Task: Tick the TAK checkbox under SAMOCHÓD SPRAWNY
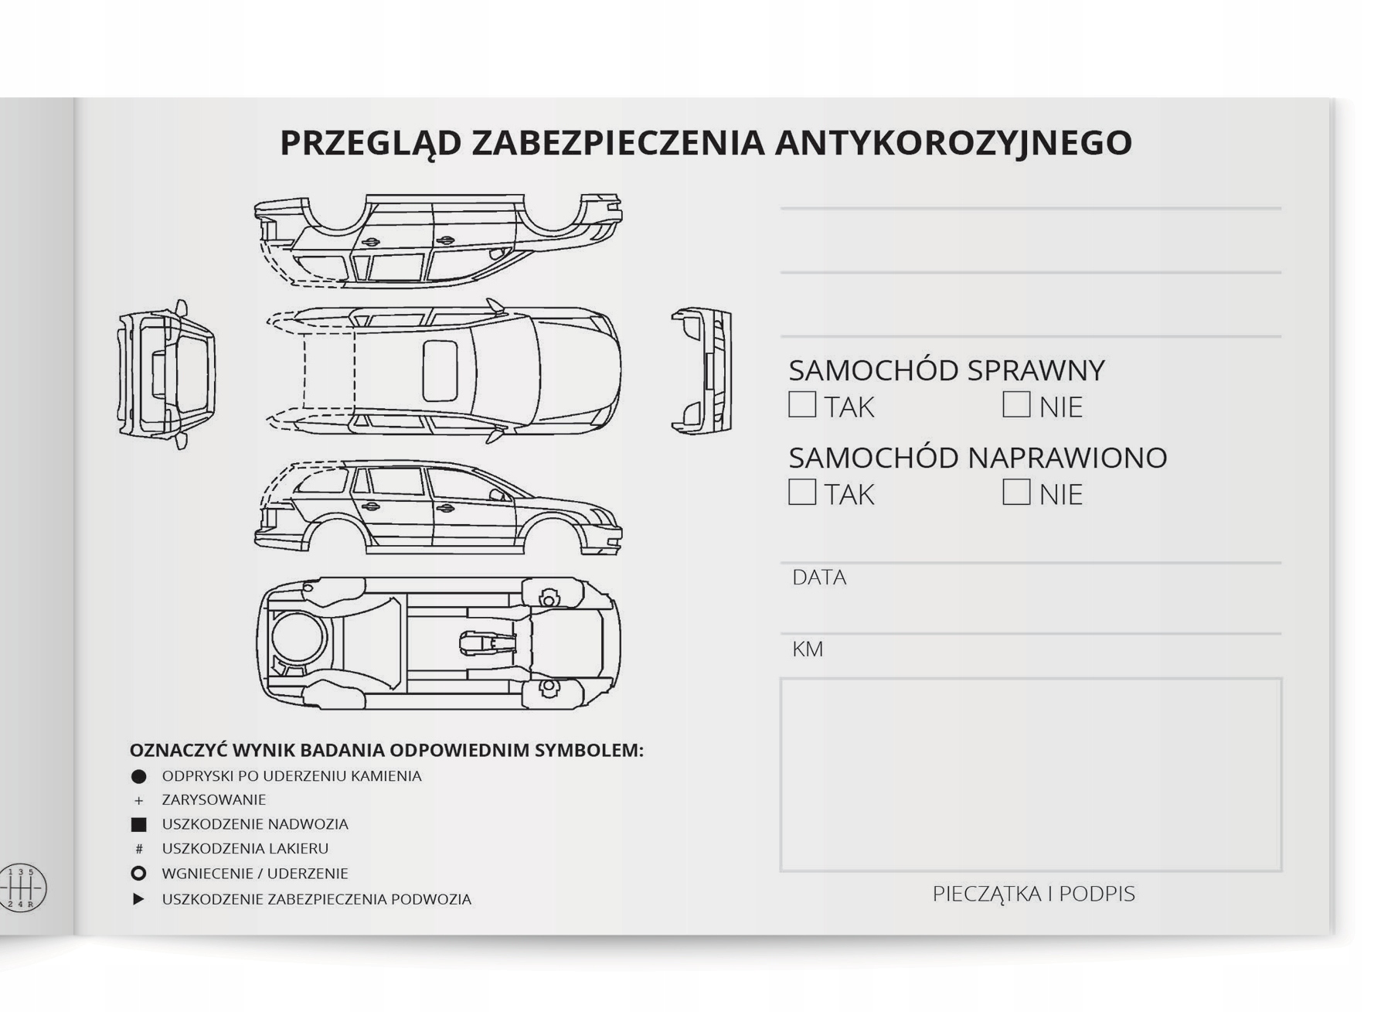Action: (802, 404)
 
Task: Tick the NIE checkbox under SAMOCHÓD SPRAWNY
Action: (1016, 404)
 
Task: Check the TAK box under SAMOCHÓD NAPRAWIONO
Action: (802, 492)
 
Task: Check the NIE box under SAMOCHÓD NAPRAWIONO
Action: (1016, 492)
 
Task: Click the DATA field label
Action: (819, 578)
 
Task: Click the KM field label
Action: (808, 649)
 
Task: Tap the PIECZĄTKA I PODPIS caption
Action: (1033, 894)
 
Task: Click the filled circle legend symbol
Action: (139, 776)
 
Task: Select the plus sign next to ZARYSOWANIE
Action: (139, 800)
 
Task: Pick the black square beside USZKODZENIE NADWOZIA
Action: (139, 825)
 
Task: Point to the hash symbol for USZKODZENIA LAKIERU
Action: (139, 849)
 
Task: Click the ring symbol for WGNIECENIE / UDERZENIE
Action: (139, 874)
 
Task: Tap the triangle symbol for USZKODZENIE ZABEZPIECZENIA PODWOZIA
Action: (139, 899)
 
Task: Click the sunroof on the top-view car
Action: (440, 370)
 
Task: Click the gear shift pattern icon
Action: (23, 888)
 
